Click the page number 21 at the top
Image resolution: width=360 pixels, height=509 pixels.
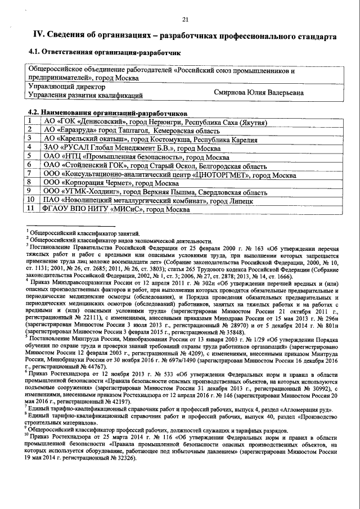184,21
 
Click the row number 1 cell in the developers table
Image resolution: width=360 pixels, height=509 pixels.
30,122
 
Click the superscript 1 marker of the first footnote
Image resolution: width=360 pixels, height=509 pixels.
27,231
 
